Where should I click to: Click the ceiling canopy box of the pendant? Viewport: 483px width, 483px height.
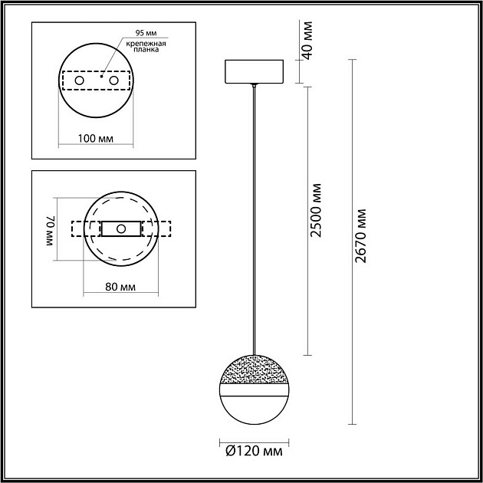click(255, 71)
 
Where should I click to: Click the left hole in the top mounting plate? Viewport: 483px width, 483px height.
click(78, 80)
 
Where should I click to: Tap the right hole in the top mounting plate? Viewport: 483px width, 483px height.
click(114, 80)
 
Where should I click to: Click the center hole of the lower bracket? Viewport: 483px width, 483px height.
click(120, 229)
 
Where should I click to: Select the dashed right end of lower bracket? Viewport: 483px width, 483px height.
click(163, 229)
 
